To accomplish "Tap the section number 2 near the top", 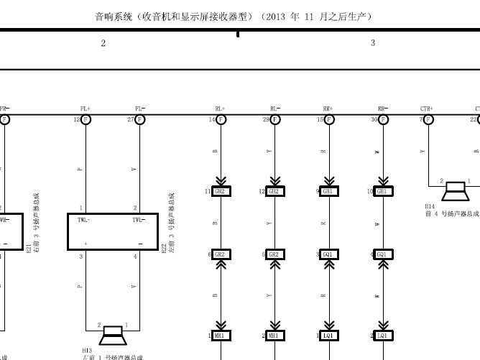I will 103,43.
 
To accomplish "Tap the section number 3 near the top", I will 373,43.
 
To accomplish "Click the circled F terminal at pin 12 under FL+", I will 86,119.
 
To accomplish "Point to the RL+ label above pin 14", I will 220,109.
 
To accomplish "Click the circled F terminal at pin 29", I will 274,119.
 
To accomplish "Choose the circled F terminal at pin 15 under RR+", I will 329,119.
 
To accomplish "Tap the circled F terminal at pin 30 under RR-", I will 383,119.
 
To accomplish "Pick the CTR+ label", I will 427,109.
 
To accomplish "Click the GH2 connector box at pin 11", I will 221,192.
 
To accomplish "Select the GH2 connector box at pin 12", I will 274,192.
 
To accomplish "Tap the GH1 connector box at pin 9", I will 329,192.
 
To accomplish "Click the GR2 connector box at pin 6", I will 221,254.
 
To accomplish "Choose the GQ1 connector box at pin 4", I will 383,254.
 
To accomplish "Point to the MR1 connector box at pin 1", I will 221,336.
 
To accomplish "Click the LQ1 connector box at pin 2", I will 383,336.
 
